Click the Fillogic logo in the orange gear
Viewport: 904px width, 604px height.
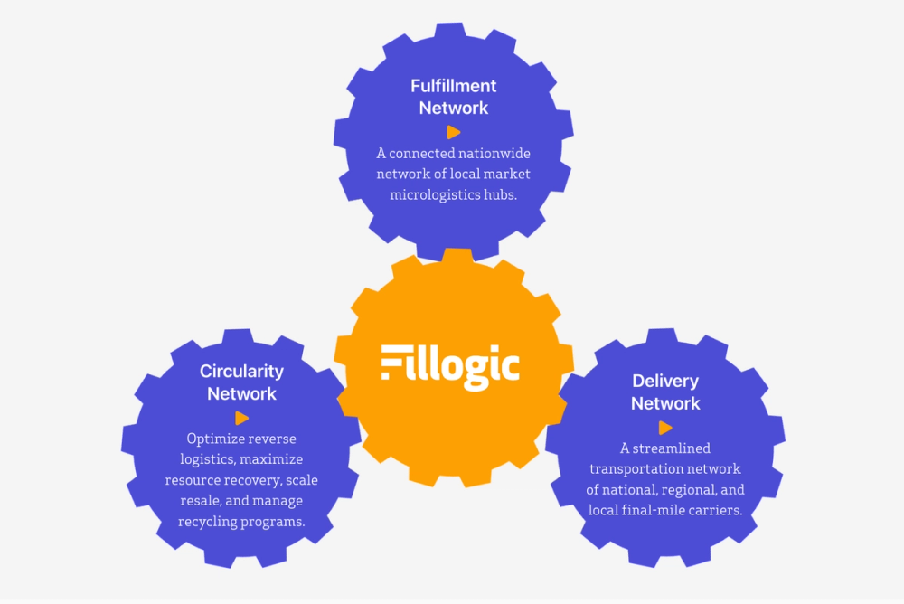coord(450,366)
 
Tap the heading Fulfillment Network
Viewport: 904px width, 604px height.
coord(454,97)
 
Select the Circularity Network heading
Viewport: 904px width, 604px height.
coord(241,382)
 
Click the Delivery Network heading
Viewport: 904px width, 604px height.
coord(665,392)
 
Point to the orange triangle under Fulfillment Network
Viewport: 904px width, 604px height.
coord(454,132)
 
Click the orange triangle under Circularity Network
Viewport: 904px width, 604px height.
coord(241,418)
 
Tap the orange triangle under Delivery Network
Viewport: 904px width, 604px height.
coord(665,428)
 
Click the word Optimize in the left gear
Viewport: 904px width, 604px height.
coord(216,439)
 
